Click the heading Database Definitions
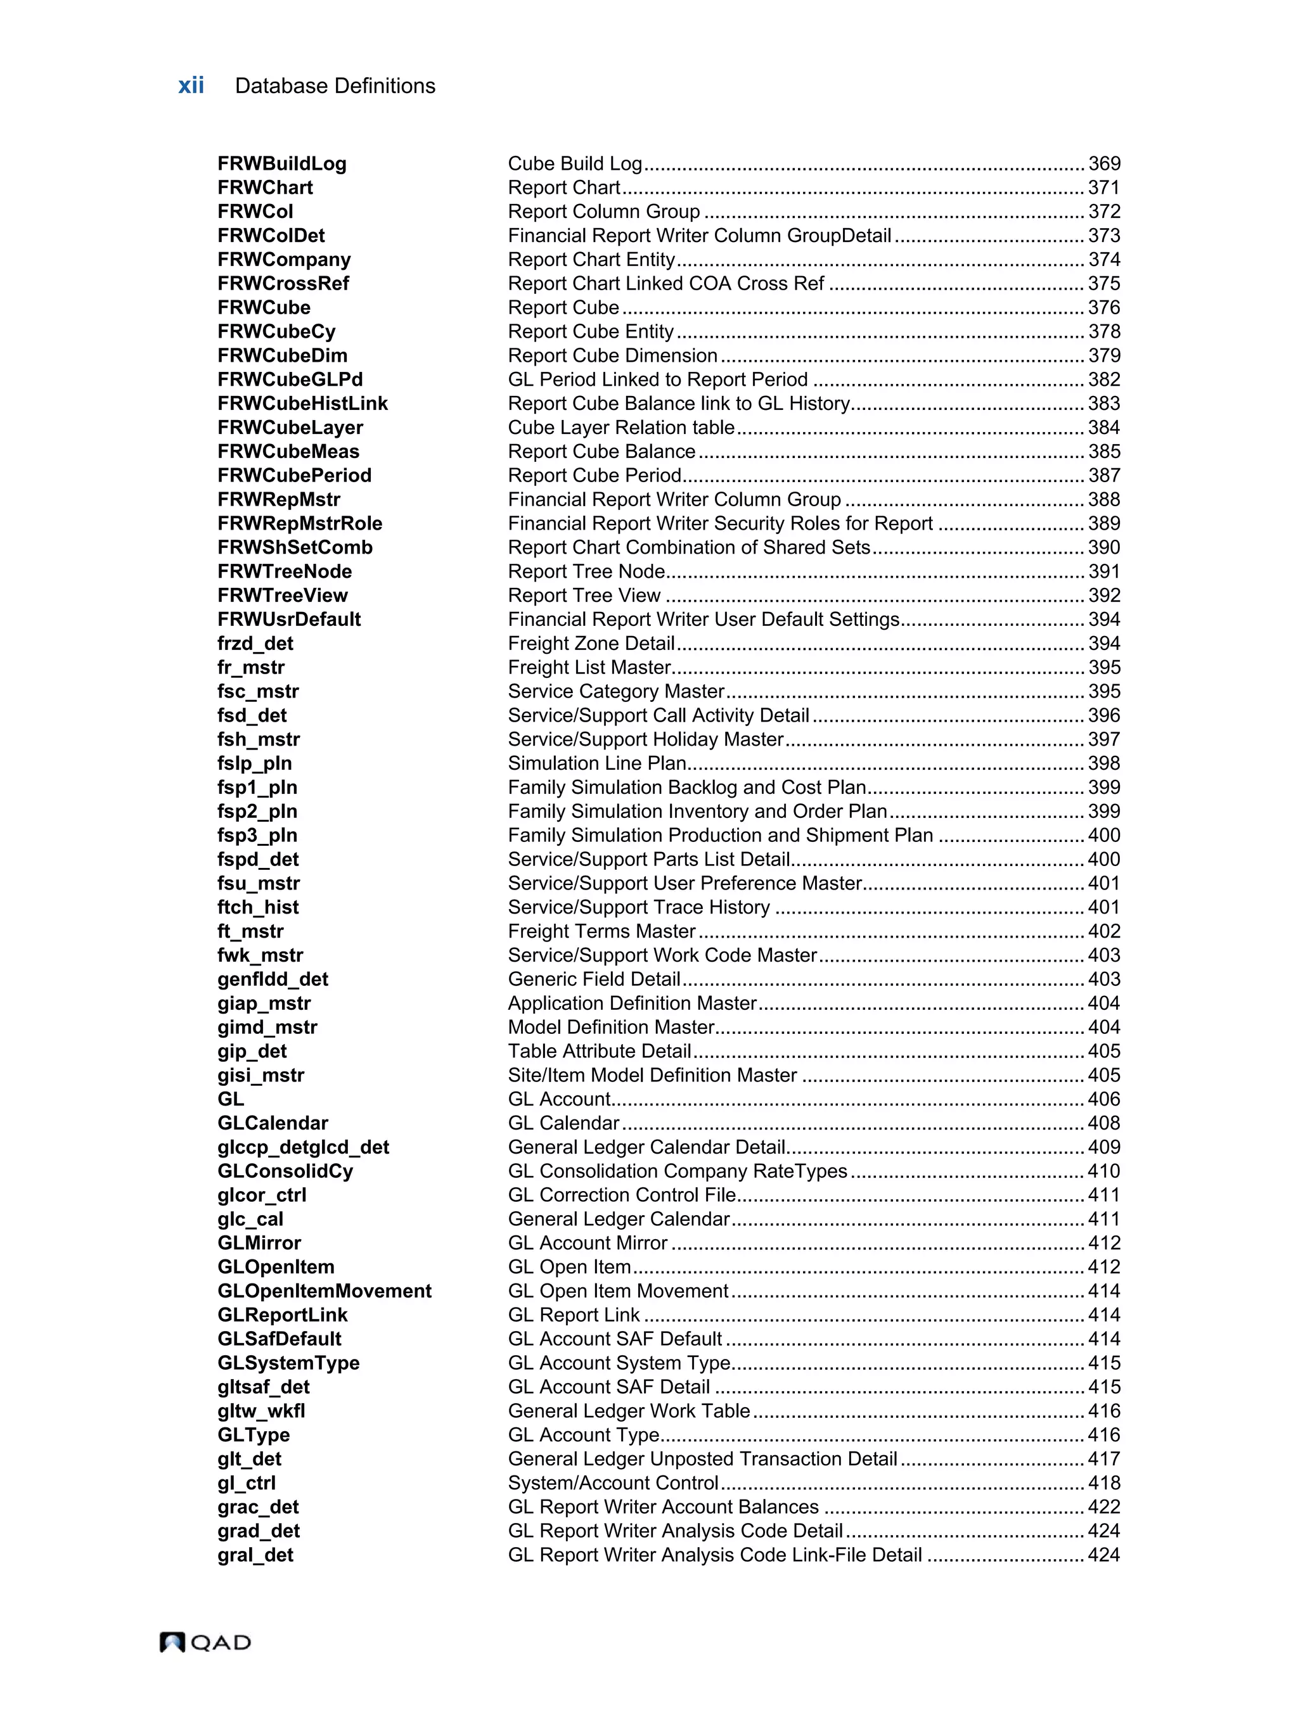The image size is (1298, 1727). click(x=335, y=86)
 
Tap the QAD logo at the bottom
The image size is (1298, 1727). click(x=205, y=1642)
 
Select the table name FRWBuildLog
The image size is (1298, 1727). click(x=282, y=164)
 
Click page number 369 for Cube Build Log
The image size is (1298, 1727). click(x=1103, y=164)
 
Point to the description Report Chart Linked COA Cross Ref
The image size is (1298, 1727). click(x=665, y=283)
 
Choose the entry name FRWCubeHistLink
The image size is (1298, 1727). click(x=302, y=404)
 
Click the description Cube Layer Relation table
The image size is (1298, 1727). click(x=621, y=428)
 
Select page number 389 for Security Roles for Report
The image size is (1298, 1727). click(x=1103, y=524)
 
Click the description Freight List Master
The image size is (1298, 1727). click(x=589, y=668)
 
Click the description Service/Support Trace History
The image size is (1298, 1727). click(x=639, y=907)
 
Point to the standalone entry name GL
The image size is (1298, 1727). click(x=231, y=1099)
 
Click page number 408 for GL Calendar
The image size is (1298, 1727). click(x=1103, y=1123)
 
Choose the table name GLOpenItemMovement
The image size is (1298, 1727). click(x=324, y=1291)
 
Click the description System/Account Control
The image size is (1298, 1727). click(x=613, y=1484)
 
